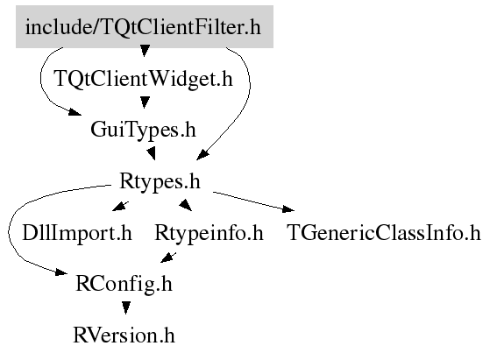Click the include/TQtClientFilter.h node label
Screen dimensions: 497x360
click(x=143, y=27)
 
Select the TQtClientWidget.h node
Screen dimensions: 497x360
click(x=144, y=78)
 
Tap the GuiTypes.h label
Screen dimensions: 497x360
click(x=143, y=130)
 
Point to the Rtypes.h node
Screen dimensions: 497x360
click(x=160, y=181)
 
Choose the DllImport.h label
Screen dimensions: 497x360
click(x=77, y=233)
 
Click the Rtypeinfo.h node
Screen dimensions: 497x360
click(x=209, y=233)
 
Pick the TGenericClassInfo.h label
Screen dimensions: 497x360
click(x=384, y=233)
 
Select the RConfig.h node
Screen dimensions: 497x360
click(x=124, y=284)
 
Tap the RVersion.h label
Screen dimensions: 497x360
click(x=124, y=335)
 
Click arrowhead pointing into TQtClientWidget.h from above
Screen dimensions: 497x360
click(x=145, y=51)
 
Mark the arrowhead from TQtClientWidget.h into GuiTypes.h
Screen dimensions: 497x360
click(x=145, y=102)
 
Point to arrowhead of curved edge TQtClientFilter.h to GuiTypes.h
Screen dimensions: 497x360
click(x=75, y=112)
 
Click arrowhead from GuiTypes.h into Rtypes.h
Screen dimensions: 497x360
click(x=151, y=153)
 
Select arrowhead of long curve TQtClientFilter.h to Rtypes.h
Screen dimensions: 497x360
click(x=202, y=155)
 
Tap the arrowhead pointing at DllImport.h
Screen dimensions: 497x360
click(x=119, y=207)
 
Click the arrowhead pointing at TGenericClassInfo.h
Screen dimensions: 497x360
click(x=288, y=208)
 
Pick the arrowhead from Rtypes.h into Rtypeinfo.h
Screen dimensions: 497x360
click(x=186, y=205)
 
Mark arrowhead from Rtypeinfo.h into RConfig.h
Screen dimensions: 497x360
click(x=167, y=258)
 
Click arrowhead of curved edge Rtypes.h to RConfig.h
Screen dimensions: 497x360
click(x=61, y=272)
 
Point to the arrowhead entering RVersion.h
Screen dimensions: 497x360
click(x=126, y=307)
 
